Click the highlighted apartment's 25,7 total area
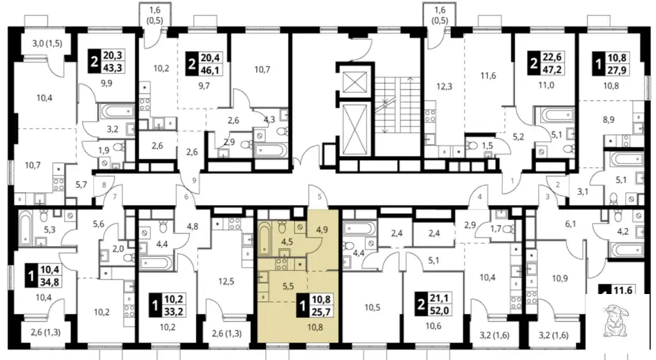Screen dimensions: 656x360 pos(321,311)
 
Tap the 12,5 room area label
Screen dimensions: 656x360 pos(226,281)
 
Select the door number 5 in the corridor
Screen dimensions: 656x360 pos(320,197)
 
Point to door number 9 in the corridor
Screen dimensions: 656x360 pos(194,181)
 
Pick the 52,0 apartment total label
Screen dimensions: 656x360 pos(438,310)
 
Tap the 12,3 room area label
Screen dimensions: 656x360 pos(444,87)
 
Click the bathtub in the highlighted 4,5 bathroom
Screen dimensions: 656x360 pos(265,238)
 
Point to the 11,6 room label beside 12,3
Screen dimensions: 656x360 pos(488,76)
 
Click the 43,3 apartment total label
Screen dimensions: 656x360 pos(113,67)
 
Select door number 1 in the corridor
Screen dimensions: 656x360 pos(512,181)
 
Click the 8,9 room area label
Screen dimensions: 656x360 pos(609,120)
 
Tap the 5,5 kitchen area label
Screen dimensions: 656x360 pos(288,286)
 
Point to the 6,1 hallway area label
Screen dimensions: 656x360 pos(571,224)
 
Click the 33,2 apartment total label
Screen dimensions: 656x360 pos(174,311)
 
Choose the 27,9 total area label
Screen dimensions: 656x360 pos(617,70)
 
